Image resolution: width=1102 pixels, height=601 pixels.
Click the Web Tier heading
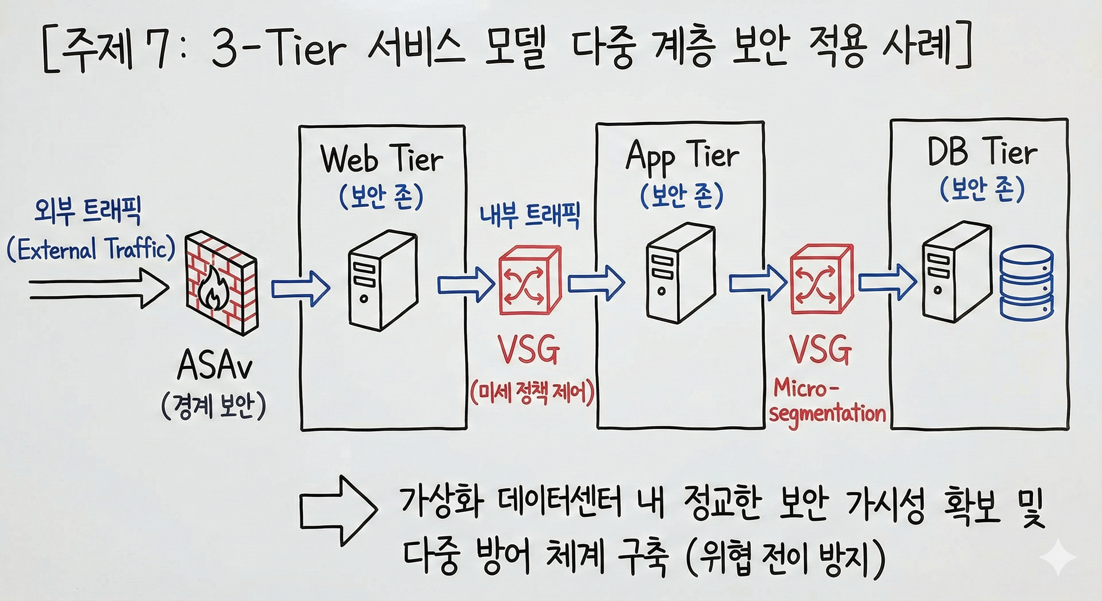pos(382,160)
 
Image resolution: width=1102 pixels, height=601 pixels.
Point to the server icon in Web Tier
pos(382,280)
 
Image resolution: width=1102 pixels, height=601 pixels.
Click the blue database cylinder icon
pos(1026,283)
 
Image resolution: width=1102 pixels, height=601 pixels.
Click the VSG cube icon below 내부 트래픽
pos(530,280)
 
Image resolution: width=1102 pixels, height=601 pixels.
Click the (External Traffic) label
pos(91,249)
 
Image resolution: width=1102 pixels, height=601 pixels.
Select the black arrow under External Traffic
pos(99,288)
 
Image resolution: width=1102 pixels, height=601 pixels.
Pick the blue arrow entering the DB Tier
pos(888,283)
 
